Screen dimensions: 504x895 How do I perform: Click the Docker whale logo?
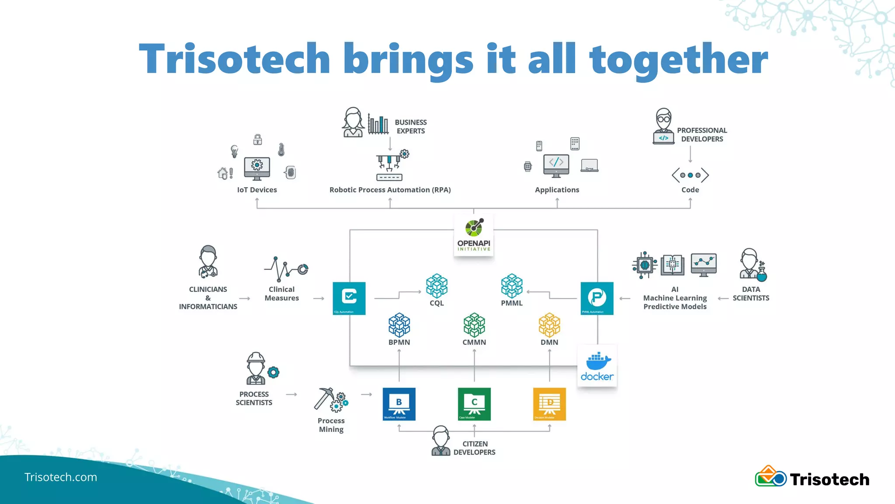pyautogui.click(x=597, y=362)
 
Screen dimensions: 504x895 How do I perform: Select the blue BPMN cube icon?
pyautogui.click(x=399, y=325)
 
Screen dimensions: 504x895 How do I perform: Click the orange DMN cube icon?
pyautogui.click(x=549, y=325)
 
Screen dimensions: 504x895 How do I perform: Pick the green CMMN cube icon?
pyautogui.click(x=474, y=325)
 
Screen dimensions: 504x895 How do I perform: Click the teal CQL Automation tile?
pyautogui.click(x=349, y=298)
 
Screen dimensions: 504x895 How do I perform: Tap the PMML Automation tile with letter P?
pyautogui.click(x=597, y=298)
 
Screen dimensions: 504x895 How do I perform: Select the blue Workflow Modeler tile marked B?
pyautogui.click(x=399, y=404)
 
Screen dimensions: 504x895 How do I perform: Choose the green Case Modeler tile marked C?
pyautogui.click(x=474, y=404)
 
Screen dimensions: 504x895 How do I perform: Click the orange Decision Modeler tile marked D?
pyautogui.click(x=549, y=404)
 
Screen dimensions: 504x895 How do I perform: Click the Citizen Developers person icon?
pyautogui.click(x=441, y=441)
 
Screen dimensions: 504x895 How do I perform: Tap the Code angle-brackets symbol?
pyautogui.click(x=690, y=175)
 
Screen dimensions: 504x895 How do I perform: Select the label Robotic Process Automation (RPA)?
pyautogui.click(x=390, y=190)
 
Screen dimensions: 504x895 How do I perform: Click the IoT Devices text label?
pyautogui.click(x=257, y=190)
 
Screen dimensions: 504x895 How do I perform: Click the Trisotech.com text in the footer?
pyautogui.click(x=60, y=477)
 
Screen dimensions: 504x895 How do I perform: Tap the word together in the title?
pyautogui.click(x=678, y=59)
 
